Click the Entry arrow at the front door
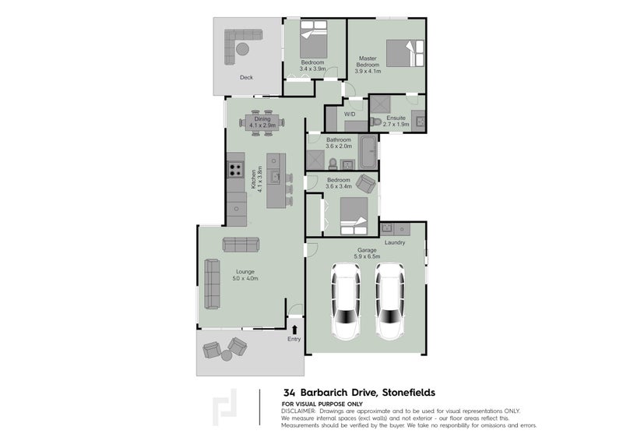(x=294, y=330)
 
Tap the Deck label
(x=246, y=78)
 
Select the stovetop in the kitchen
(x=235, y=170)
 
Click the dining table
(x=262, y=122)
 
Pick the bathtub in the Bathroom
(x=368, y=152)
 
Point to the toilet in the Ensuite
(x=375, y=121)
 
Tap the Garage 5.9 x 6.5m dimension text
(x=367, y=256)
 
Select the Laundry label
(x=395, y=242)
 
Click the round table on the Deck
(x=242, y=49)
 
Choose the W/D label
(x=350, y=115)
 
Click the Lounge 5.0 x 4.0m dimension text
(x=245, y=278)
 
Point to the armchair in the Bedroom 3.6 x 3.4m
(x=365, y=184)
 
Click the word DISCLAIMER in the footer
(x=298, y=411)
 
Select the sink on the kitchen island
(x=275, y=178)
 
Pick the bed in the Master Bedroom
(x=405, y=53)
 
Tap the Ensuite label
(x=396, y=118)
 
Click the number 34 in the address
(x=289, y=393)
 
